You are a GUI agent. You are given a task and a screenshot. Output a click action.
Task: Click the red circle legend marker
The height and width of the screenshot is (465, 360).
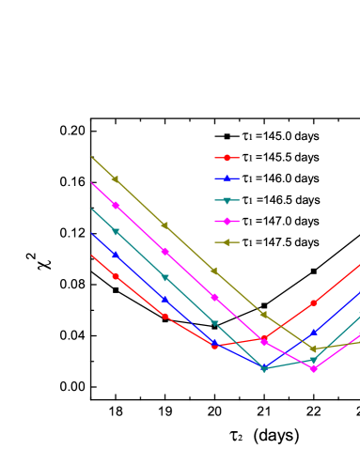(227, 158)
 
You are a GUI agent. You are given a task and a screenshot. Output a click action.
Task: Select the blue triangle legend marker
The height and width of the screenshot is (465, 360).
(227, 178)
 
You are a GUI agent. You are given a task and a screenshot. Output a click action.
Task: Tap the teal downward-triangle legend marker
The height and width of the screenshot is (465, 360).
(227, 200)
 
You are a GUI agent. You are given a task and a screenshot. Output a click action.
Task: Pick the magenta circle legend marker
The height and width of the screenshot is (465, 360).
(227, 221)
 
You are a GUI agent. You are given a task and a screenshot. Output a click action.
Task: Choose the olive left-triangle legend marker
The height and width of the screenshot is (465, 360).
(227, 242)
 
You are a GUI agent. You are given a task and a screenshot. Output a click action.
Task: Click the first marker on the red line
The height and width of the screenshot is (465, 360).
(116, 276)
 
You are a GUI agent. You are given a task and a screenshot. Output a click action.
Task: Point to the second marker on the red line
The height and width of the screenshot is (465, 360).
(164, 316)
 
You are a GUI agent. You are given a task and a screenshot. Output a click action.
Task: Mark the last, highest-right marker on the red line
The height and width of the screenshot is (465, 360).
(313, 302)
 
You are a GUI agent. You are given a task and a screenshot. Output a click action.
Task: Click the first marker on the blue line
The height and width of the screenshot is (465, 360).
(116, 255)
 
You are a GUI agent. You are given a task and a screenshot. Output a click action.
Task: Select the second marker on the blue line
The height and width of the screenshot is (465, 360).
(164, 299)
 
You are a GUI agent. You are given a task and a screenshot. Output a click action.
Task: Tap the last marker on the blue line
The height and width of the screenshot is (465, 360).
(313, 332)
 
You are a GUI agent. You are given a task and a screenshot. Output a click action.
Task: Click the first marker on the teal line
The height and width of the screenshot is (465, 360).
(116, 231)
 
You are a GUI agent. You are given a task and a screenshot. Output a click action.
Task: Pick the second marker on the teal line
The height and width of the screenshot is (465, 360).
(164, 277)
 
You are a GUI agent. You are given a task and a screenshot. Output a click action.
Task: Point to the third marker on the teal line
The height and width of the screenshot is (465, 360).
(214, 323)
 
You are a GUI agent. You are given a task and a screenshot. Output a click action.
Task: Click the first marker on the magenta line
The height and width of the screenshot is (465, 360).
(116, 205)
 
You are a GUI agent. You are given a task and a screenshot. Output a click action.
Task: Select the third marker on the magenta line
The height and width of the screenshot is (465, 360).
(214, 297)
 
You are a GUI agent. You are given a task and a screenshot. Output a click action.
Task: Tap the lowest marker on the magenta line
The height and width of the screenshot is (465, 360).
(313, 368)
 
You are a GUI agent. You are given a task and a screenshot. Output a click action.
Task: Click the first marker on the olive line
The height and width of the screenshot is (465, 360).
(116, 179)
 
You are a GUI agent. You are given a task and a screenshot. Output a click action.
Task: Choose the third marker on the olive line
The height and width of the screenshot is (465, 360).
(214, 271)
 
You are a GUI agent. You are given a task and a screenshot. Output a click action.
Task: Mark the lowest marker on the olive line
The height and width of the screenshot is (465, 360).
(313, 349)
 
